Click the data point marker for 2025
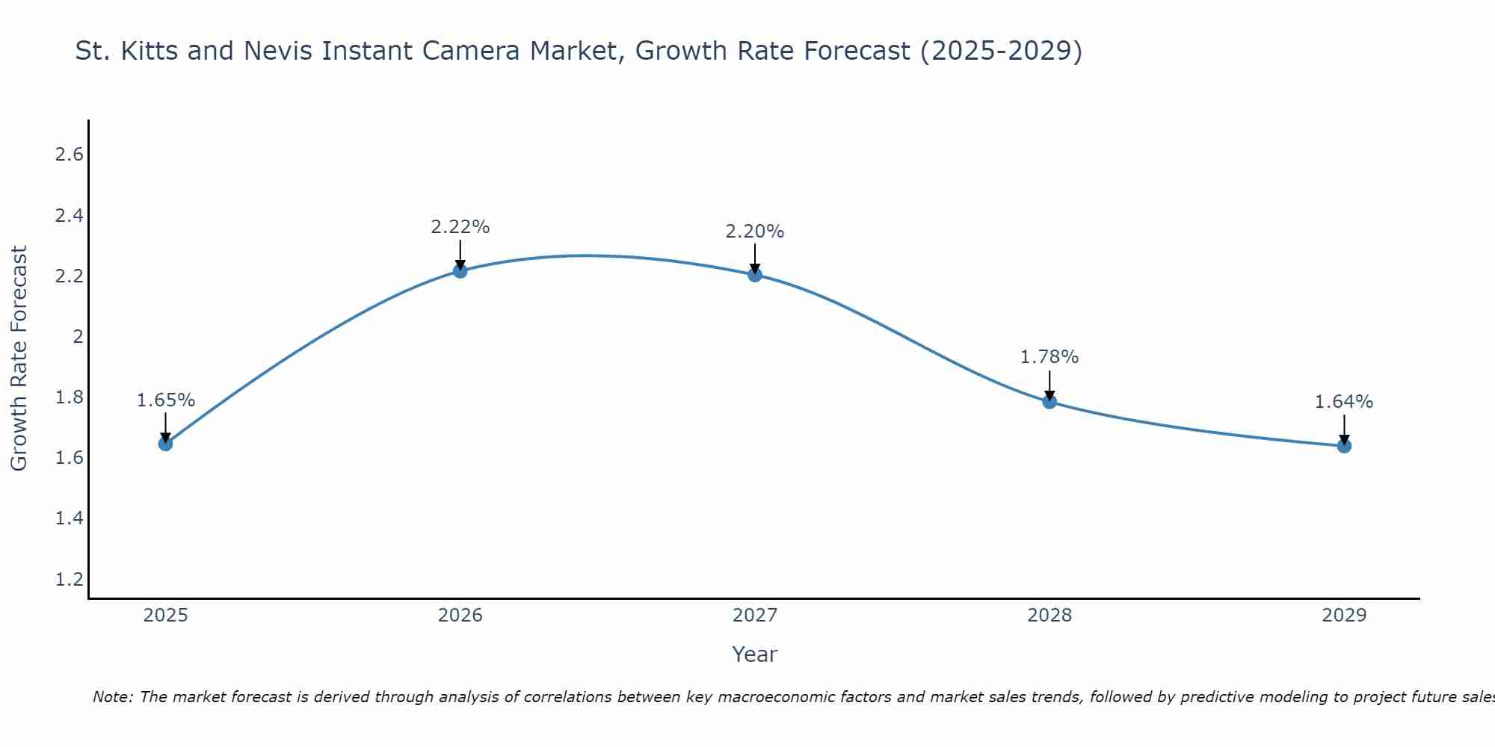click(x=165, y=444)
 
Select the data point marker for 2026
click(x=460, y=270)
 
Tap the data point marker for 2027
click(x=754, y=275)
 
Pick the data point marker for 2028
click(x=1049, y=402)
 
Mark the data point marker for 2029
click(x=1343, y=446)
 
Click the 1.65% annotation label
click(x=165, y=400)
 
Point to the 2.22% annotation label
click(x=460, y=227)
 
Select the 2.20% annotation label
click(x=754, y=232)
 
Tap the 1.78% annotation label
click(x=1049, y=357)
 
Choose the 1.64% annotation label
click(x=1343, y=402)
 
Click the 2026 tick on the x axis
click(x=460, y=616)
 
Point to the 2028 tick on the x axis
click(x=1049, y=616)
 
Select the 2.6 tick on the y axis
click(x=69, y=155)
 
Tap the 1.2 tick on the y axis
click(x=69, y=579)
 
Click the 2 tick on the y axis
click(x=77, y=336)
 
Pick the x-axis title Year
click(x=754, y=654)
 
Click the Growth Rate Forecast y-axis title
click(x=19, y=358)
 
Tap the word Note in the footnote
click(x=112, y=697)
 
